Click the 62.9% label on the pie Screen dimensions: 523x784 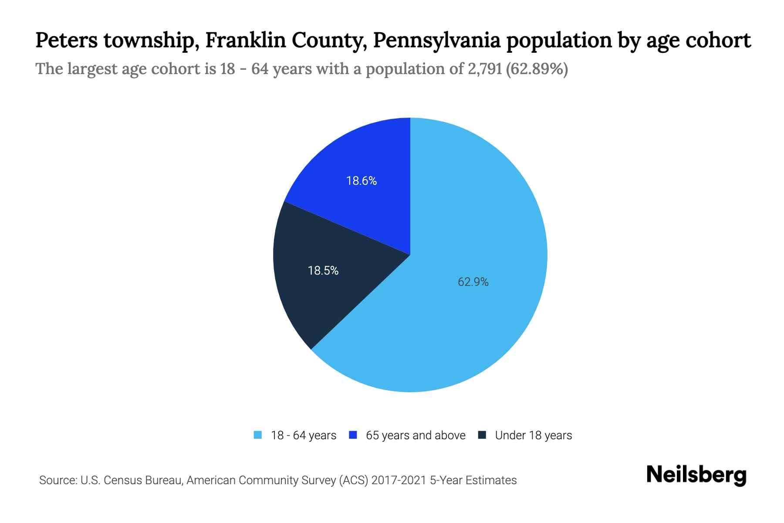473,282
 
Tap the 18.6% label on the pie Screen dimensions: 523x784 362,181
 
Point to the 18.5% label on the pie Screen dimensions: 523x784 323,271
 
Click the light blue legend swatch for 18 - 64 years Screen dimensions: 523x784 258,435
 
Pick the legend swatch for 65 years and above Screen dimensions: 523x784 353,435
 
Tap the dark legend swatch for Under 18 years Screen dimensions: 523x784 482,435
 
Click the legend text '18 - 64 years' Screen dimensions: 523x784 304,435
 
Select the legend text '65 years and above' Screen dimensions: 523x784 416,435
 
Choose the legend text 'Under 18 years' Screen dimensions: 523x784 534,435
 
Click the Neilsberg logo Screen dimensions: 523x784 696,475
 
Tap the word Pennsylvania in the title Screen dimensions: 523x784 436,40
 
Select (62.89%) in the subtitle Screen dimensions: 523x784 537,69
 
